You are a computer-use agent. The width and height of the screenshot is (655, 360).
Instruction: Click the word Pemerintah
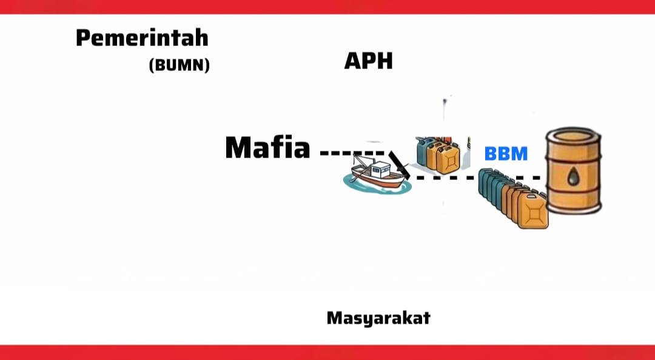coord(142,38)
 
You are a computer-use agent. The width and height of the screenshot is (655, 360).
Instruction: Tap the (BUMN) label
coord(179,65)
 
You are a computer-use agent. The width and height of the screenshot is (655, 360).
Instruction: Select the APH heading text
coord(368,61)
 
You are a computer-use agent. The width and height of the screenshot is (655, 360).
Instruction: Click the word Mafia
coord(267,147)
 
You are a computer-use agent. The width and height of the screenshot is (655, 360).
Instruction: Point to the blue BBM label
coord(506,153)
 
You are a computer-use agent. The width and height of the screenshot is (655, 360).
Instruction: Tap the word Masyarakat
coord(378,318)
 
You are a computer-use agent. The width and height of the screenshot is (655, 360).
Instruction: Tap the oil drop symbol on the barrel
coord(574,176)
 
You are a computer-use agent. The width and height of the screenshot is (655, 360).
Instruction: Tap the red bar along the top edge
coord(327,6)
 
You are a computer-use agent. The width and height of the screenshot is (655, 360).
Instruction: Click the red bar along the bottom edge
coord(327,353)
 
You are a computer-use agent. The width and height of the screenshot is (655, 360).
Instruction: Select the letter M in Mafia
coord(239,147)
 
